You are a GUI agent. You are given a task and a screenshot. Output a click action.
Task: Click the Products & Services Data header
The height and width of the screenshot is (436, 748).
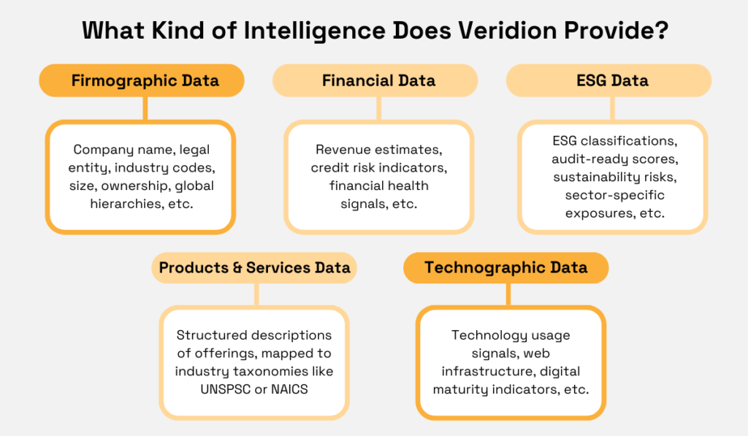(x=254, y=268)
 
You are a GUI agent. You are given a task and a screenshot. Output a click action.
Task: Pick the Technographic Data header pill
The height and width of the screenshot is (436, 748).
(x=505, y=268)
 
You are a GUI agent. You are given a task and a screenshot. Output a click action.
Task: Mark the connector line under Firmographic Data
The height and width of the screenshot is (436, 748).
(x=145, y=108)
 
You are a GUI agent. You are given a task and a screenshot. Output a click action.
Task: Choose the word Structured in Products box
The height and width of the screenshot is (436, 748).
(x=211, y=335)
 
